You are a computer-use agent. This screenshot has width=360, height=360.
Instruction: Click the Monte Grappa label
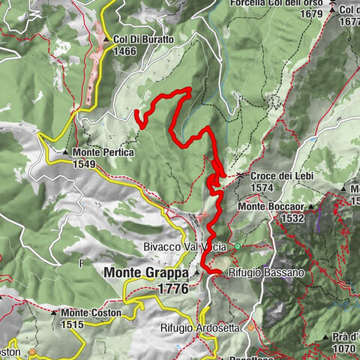coord(147,273)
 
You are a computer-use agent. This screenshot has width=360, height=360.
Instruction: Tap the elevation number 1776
coord(172,287)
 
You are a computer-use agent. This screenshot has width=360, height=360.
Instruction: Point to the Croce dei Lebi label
coord(281,176)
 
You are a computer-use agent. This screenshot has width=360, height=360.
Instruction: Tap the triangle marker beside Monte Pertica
coord(66,152)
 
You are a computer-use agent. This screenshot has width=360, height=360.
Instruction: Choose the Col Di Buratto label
coord(144,40)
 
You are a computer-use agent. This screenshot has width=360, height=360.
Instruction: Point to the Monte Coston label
coord(92,313)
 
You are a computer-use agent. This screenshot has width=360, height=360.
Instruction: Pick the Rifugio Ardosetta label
coord(201,328)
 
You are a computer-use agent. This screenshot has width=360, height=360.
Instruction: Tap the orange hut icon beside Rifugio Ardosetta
coord(251,328)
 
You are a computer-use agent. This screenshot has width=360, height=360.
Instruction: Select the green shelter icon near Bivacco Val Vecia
coord(238,245)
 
